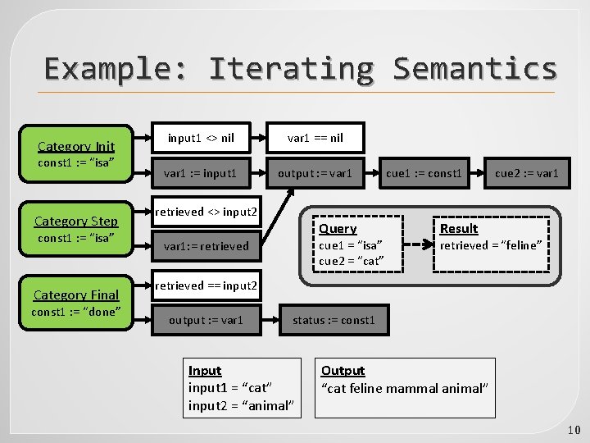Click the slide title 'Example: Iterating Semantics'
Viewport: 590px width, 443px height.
(x=300, y=68)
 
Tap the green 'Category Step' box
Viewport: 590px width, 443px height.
(x=76, y=229)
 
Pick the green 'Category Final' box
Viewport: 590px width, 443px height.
(x=76, y=302)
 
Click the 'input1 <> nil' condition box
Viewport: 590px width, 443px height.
(x=201, y=138)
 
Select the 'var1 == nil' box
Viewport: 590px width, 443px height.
(x=315, y=138)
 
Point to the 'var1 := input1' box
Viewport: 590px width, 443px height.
(x=201, y=173)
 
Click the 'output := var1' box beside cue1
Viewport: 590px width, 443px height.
(x=315, y=173)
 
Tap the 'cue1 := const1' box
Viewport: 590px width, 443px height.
(x=424, y=173)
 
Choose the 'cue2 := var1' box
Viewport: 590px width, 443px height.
(x=526, y=173)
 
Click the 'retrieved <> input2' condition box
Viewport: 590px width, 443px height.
(x=206, y=212)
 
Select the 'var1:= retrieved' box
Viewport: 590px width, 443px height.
(x=206, y=245)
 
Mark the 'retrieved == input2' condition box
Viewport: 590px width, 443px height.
(x=206, y=285)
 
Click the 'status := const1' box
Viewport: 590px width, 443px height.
(x=334, y=320)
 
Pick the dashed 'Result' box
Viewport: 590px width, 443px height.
(x=491, y=244)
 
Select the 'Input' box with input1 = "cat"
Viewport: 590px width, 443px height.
(x=239, y=388)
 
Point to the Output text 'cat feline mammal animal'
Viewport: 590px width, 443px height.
(x=405, y=388)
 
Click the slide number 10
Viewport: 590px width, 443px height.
(x=573, y=430)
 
